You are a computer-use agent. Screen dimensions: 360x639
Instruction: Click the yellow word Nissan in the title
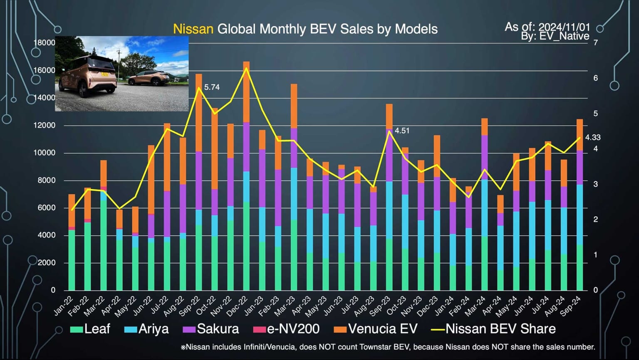click(x=193, y=29)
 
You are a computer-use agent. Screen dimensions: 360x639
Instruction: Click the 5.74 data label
click(x=212, y=87)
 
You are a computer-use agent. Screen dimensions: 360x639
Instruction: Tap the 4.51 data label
click(x=402, y=131)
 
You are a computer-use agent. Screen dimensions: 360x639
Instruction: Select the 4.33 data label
click(x=592, y=137)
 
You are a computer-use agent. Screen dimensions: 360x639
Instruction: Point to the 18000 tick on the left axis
click(x=44, y=43)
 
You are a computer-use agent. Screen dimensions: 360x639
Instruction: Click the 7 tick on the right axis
click(x=596, y=43)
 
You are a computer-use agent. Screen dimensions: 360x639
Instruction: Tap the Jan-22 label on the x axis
click(x=64, y=306)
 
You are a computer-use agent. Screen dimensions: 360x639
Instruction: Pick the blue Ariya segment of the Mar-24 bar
click(x=484, y=208)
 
